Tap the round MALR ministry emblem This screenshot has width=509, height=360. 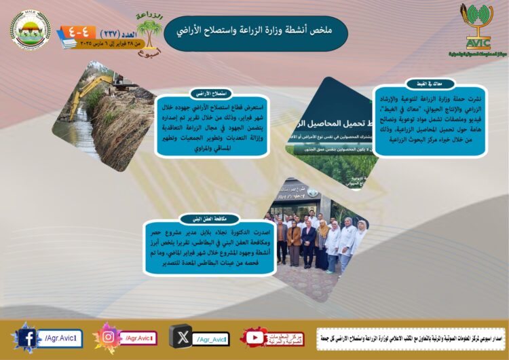[x=30, y=29]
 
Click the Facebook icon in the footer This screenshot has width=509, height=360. [x=26, y=338]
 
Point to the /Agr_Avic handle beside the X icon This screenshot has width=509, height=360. [x=212, y=338]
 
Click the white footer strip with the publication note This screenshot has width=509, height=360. [x=410, y=338]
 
